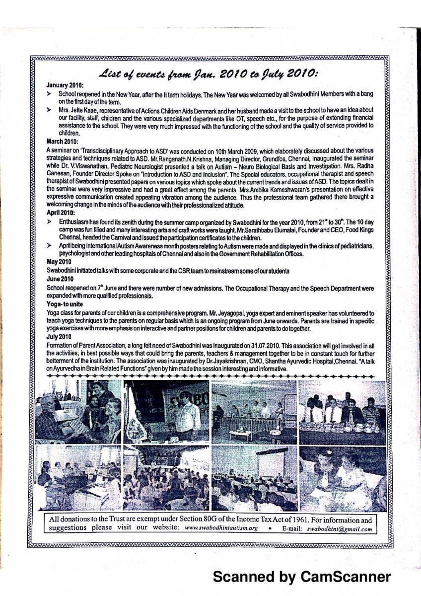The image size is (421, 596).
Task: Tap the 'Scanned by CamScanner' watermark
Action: (x=301, y=577)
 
